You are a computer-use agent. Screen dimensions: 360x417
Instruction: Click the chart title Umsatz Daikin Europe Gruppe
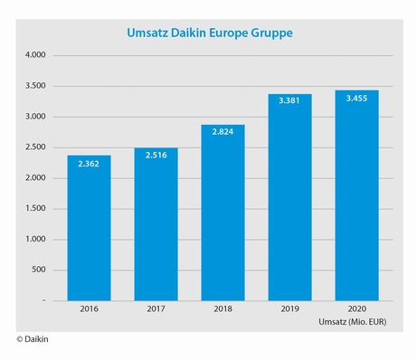[x=209, y=33]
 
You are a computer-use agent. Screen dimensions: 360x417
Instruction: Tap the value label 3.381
[x=289, y=102]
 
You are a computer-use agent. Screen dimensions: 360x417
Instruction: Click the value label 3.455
[x=356, y=98]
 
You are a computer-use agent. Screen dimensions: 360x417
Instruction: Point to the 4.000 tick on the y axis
[x=35, y=56]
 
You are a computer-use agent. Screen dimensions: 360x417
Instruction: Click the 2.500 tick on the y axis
[x=35, y=147]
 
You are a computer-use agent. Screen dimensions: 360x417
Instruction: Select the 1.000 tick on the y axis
[x=35, y=240]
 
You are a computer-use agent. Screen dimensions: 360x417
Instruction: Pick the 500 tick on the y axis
[x=38, y=270]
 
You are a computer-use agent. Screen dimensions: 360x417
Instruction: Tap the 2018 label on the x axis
[x=223, y=308]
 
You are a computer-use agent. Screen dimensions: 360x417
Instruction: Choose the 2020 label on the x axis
[x=356, y=308]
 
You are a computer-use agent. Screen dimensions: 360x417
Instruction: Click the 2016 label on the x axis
[x=89, y=308]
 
